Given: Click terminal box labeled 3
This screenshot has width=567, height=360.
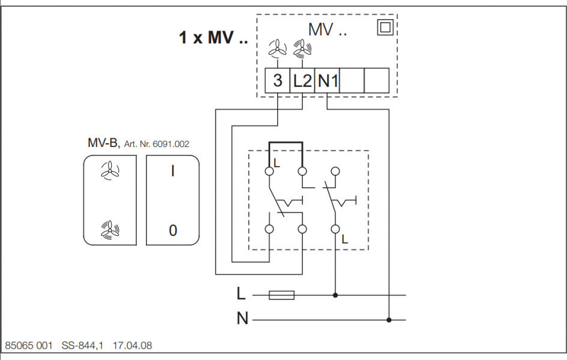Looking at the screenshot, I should [x=278, y=80].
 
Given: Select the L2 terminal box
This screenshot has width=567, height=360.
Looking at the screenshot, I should [x=302, y=80].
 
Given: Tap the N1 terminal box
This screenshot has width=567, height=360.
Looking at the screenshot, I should [x=328, y=80].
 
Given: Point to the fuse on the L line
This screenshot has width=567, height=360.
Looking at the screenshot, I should [x=281, y=295].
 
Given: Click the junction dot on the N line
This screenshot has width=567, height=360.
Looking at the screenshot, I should [x=389, y=319].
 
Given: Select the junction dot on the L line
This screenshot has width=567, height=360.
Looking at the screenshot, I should [x=335, y=295].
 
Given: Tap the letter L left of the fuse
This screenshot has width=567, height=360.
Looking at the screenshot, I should [x=241, y=294].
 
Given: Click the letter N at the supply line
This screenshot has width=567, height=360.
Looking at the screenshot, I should [x=242, y=319].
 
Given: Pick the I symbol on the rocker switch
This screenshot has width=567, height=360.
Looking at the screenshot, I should [x=173, y=172].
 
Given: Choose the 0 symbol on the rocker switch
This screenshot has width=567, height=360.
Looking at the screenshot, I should [x=173, y=230].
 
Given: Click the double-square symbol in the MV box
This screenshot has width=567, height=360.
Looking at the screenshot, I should [x=384, y=28].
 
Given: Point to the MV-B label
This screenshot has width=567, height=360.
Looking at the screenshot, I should [x=103, y=143].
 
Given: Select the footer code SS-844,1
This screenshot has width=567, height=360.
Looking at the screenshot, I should [x=83, y=346].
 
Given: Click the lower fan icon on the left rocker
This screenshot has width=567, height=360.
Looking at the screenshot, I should [x=109, y=229].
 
